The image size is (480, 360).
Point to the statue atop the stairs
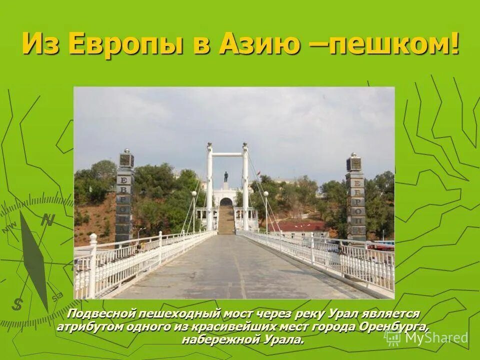pos(226,176)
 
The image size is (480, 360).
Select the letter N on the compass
pos(48,220)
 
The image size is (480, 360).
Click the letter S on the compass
pos(18,303)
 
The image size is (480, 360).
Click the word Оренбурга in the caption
pos(395,326)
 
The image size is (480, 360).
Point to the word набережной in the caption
pos(216,339)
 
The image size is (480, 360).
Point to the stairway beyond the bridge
pos(226,220)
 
